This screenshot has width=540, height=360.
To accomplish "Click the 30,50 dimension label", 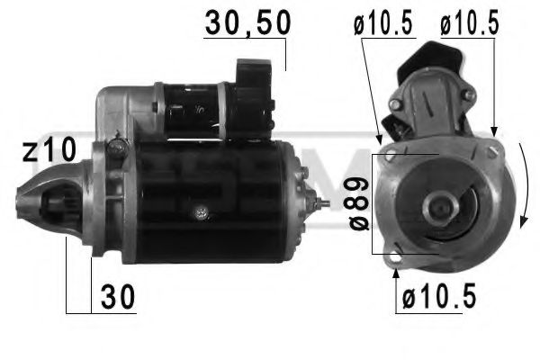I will click(x=247, y=22).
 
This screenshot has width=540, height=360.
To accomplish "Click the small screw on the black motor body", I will click(x=201, y=212).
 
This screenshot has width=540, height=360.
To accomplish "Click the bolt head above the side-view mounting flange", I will click(x=114, y=145).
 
